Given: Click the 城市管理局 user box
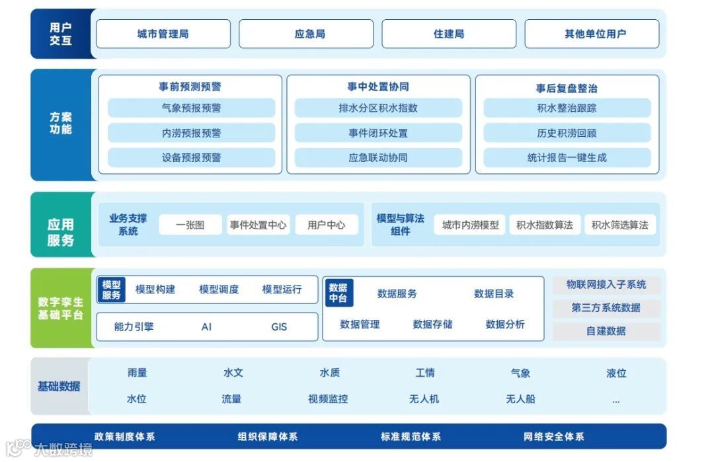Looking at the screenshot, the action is [x=163, y=34].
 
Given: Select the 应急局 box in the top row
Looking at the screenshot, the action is [x=310, y=34].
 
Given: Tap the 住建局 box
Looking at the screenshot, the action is [x=449, y=34].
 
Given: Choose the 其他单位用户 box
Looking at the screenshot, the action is [x=592, y=34].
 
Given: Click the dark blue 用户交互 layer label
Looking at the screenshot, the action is [x=61, y=34].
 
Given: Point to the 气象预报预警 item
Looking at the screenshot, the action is [x=191, y=108].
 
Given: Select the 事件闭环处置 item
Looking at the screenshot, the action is [x=378, y=133].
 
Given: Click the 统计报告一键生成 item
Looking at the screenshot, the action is [x=567, y=157].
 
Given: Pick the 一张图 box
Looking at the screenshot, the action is [x=190, y=225].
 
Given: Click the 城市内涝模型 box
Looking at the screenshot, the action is [x=470, y=225].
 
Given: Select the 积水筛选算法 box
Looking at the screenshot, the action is [x=619, y=225].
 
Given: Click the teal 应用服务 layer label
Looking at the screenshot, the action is [x=61, y=232].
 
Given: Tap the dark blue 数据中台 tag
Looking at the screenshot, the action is [x=338, y=293].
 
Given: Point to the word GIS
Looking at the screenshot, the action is [x=279, y=327].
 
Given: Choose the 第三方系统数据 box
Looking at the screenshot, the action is [x=606, y=307].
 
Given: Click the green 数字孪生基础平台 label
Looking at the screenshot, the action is [x=61, y=308].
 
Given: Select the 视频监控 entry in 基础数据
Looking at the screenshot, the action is [x=328, y=399].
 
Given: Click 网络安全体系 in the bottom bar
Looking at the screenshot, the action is [x=553, y=436].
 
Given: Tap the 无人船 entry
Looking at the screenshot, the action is [x=520, y=399].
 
